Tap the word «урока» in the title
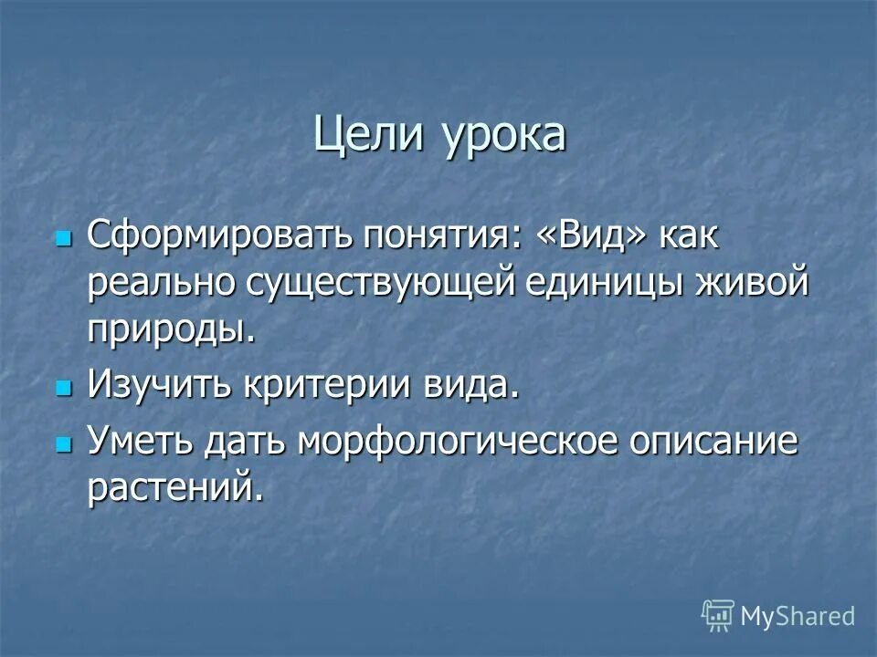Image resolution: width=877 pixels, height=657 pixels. (505, 137)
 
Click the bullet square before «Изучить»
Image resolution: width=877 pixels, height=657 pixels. (63, 387)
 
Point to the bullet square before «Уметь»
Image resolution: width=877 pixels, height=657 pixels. (63, 444)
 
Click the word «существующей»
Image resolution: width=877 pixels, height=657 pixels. (379, 284)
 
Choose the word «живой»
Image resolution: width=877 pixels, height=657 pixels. (754, 282)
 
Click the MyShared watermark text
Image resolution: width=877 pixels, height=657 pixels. (797, 616)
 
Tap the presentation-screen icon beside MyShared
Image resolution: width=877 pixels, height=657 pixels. (717, 615)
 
